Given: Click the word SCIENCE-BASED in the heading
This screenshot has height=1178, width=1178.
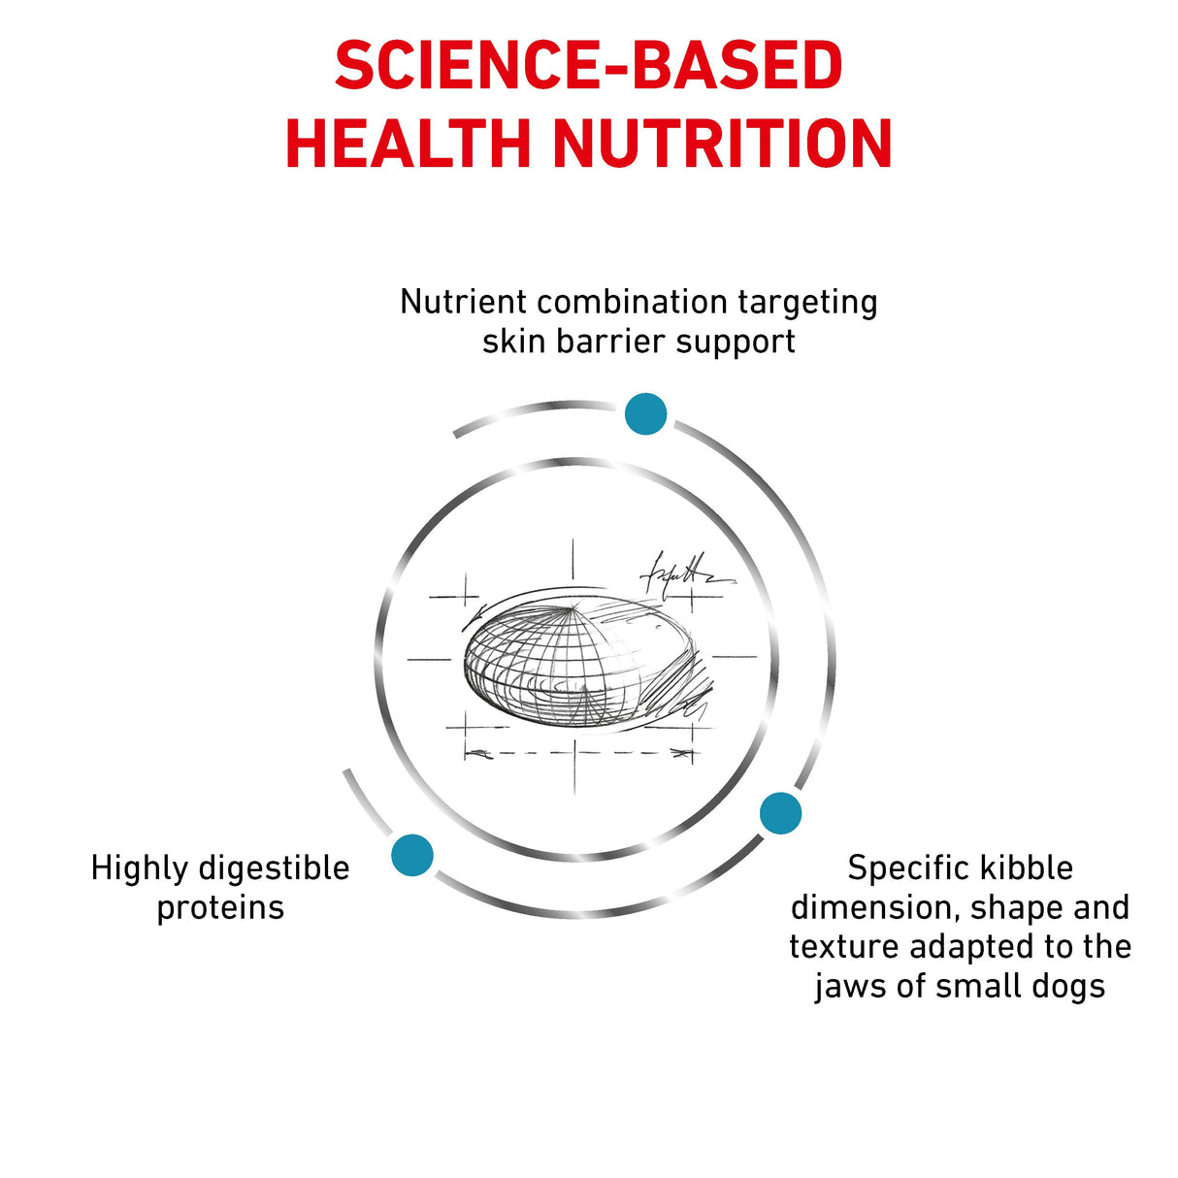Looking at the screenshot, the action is [589, 65].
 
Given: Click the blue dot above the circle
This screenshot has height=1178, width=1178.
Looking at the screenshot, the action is [645, 414].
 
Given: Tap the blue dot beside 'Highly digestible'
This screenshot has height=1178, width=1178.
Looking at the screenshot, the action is [412, 855].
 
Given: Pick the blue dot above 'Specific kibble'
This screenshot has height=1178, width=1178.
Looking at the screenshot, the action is [781, 813].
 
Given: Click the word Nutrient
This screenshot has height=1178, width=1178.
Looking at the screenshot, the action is [463, 302].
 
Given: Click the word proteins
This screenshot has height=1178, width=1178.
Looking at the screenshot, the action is [220, 908].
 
